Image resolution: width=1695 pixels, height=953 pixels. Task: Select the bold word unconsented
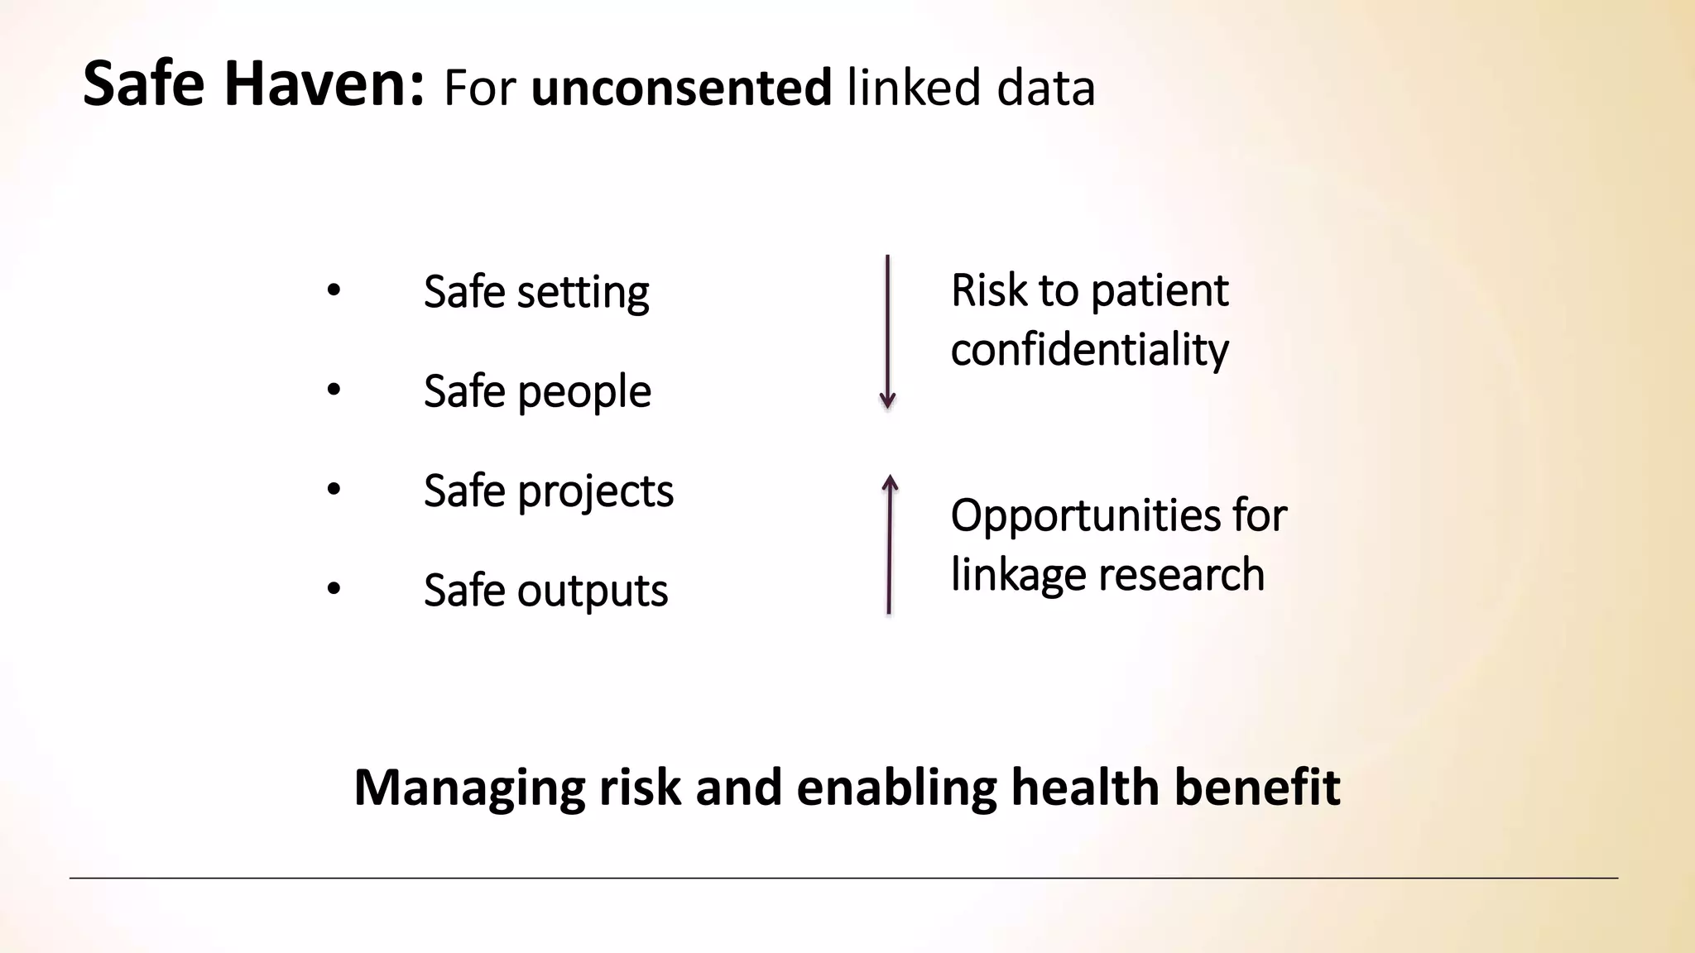click(680, 88)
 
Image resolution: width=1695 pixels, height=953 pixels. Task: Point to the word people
click(583, 392)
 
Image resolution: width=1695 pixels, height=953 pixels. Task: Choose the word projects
click(595, 492)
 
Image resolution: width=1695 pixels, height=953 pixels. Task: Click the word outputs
click(592, 591)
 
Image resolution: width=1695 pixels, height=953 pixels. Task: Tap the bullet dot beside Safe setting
click(334, 290)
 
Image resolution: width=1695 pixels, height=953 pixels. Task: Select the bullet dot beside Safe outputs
click(334, 588)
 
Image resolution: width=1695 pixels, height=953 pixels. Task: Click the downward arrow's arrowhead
click(887, 402)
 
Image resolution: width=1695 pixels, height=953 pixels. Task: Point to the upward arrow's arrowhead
click(890, 481)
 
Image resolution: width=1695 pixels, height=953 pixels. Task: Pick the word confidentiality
click(1089, 350)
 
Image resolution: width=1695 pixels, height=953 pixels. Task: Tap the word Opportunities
click(1085, 516)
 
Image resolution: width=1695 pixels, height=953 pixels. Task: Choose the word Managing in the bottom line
click(469, 788)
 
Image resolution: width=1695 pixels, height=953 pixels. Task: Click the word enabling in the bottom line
click(896, 788)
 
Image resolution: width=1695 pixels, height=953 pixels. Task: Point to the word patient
click(1159, 292)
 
